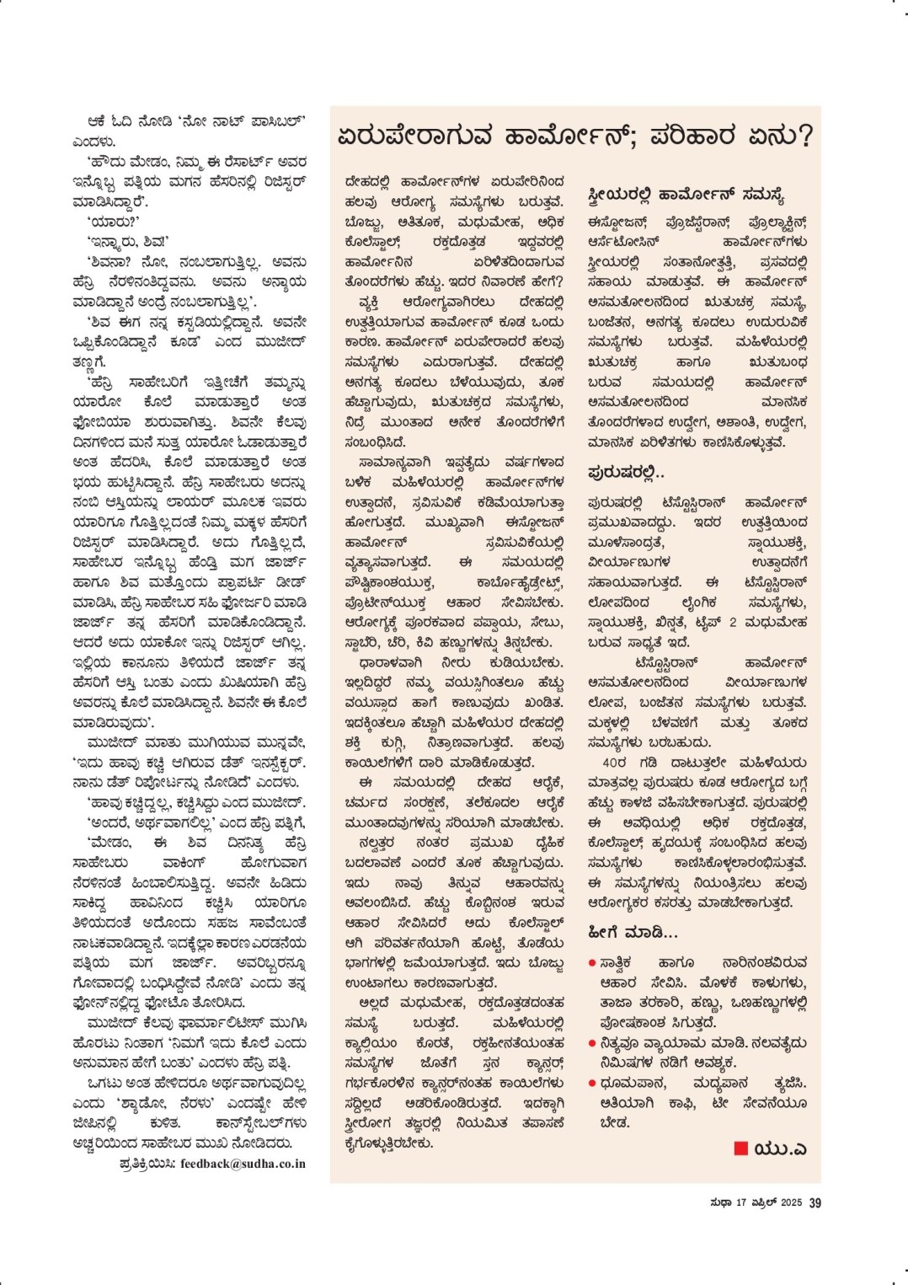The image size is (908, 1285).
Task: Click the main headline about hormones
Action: (x=574, y=137)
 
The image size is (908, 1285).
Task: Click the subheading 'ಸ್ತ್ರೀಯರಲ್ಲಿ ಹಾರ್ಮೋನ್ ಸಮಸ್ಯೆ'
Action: (x=686, y=195)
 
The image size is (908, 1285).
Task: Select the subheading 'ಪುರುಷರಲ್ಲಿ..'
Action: (x=625, y=473)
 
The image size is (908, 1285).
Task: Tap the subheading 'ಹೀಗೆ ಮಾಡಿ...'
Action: (x=633, y=933)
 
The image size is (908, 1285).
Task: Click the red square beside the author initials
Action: (x=741, y=1148)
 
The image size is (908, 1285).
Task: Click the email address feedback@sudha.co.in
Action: (x=243, y=1164)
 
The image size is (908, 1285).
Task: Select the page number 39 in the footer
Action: (x=815, y=1202)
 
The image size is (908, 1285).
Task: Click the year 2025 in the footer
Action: (x=791, y=1202)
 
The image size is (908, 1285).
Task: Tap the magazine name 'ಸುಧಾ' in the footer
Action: (x=720, y=1202)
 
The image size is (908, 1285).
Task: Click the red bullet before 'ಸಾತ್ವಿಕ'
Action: (x=592, y=962)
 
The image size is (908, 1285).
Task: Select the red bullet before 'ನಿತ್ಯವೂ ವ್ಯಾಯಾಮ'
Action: (x=592, y=1043)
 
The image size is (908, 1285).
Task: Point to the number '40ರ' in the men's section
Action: (x=614, y=763)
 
